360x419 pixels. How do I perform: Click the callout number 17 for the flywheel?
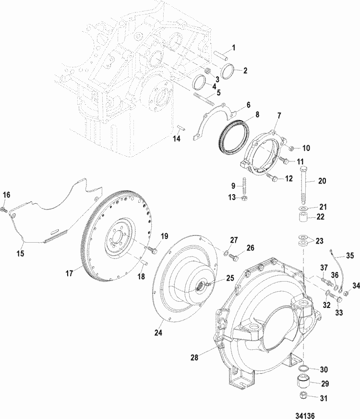(69, 272)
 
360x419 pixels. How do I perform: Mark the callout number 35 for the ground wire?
(350, 255)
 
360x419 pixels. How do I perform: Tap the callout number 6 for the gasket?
(248, 104)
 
